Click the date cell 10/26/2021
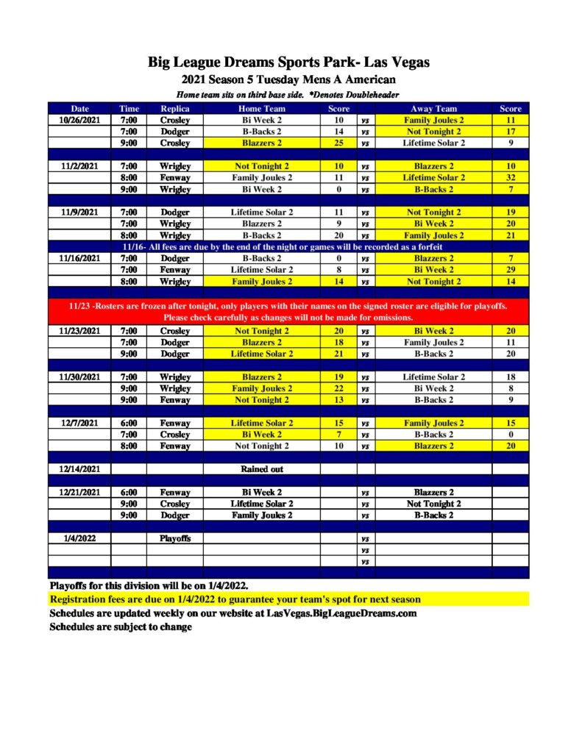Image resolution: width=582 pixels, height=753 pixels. pyautogui.click(x=79, y=120)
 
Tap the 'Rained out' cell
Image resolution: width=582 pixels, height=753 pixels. pyautogui.click(x=262, y=468)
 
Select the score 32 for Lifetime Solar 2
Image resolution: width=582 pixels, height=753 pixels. pyautogui.click(x=510, y=177)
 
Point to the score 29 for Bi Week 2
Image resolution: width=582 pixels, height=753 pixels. pyautogui.click(x=510, y=270)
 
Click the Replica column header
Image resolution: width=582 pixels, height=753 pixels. pyautogui.click(x=174, y=109)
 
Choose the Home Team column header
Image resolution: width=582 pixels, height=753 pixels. pyautogui.click(x=262, y=109)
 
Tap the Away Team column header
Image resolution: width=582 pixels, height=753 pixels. pyautogui.click(x=433, y=109)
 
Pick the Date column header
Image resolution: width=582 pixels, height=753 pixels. pyautogui.click(x=79, y=109)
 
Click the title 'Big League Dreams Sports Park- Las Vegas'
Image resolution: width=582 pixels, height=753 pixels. pyautogui.click(x=288, y=63)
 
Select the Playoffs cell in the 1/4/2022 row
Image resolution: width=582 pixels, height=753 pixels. pyautogui.click(x=174, y=538)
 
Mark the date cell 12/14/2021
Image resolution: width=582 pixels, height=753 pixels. pyautogui.click(x=79, y=468)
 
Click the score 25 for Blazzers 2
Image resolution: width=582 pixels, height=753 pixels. pyautogui.click(x=338, y=143)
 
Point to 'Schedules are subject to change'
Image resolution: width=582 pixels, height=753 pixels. pyautogui.click(x=121, y=627)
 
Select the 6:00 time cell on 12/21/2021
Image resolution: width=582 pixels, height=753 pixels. pyautogui.click(x=129, y=492)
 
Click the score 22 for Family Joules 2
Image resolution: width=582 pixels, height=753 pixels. pyautogui.click(x=338, y=388)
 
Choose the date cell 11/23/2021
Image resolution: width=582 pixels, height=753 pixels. pyautogui.click(x=79, y=331)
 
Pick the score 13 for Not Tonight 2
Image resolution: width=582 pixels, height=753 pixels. pyautogui.click(x=338, y=400)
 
